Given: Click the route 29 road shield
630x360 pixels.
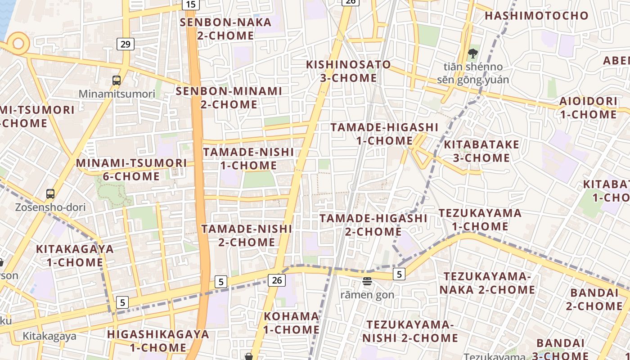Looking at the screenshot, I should [126, 44].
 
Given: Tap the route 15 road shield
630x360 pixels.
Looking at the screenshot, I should [191, 4].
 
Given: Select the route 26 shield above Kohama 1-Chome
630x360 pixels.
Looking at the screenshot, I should [277, 280].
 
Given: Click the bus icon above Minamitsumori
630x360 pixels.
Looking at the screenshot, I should [117, 81].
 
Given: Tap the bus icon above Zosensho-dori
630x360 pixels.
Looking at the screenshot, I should [50, 194].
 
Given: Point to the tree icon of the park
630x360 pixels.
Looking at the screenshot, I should [472, 54].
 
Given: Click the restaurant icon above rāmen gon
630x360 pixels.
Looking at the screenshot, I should [367, 282].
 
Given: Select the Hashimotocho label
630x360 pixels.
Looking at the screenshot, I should [536, 16].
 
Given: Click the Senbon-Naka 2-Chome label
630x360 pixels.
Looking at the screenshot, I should [225, 29].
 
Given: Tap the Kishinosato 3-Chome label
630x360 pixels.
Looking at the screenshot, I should [348, 71].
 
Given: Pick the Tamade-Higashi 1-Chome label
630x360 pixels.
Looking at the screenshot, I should [384, 134].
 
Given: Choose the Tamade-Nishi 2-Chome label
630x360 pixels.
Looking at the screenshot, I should [247, 235].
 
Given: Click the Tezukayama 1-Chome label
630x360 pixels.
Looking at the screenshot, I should [480, 219].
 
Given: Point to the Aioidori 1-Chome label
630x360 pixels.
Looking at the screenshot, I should [588, 108].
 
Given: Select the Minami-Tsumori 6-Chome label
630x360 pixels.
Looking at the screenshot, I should [131, 169].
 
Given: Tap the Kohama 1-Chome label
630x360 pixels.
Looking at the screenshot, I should [292, 323].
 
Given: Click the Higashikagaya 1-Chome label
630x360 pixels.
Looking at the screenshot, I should [158, 341].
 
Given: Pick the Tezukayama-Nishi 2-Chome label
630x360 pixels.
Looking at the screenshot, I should [410, 331].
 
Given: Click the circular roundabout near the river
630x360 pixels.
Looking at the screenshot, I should [18, 44].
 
